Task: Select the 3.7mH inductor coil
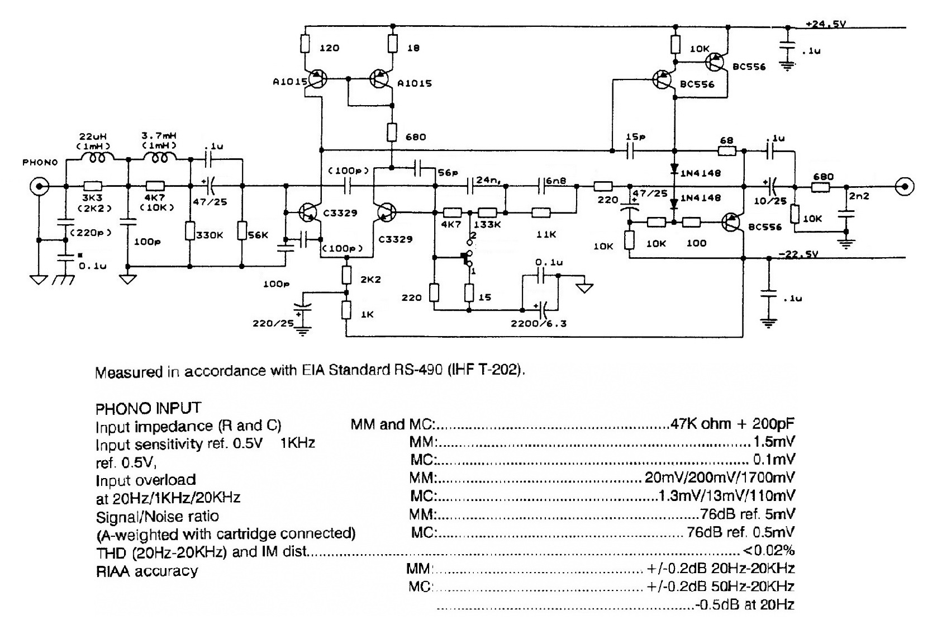(x=160, y=159)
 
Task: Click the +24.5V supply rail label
(x=826, y=24)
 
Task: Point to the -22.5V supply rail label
(x=798, y=254)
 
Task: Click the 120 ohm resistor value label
(x=329, y=48)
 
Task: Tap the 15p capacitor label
(x=635, y=137)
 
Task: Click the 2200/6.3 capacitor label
(x=539, y=323)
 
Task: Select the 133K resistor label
(x=487, y=224)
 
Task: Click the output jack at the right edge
(x=904, y=186)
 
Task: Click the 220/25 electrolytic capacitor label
(x=273, y=323)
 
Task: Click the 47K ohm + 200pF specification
(x=733, y=423)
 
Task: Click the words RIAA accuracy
(x=147, y=571)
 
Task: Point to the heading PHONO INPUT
(x=148, y=408)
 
